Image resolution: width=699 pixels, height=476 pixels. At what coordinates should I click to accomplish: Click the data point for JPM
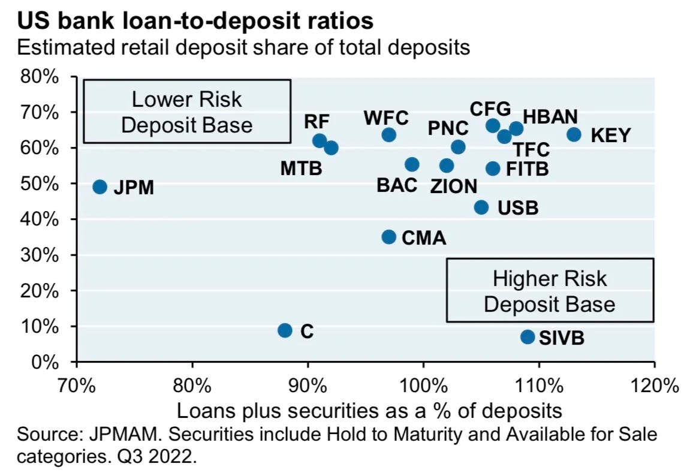[x=100, y=187]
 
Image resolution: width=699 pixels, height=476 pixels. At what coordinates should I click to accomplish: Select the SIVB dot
[x=528, y=337]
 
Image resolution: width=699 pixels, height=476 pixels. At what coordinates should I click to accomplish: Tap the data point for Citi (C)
[x=285, y=330]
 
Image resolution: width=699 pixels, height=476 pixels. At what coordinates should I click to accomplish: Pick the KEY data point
[x=574, y=134]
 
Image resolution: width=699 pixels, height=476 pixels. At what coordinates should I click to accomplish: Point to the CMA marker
[x=388, y=237]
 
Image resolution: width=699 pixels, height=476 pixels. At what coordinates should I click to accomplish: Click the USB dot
[x=481, y=207]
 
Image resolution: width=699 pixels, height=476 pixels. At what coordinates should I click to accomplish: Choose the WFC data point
[x=388, y=134]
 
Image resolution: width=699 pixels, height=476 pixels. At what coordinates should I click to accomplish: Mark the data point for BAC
[x=412, y=164]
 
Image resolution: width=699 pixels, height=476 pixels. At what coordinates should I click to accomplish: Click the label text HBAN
[x=550, y=116]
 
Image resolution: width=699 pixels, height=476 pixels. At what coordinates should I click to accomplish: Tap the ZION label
[x=454, y=186]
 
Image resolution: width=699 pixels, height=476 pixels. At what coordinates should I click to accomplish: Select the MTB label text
[x=301, y=168]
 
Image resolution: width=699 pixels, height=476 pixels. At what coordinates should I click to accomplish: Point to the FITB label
[x=527, y=169]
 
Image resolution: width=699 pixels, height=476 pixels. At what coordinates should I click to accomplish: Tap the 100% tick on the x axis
[x=423, y=384]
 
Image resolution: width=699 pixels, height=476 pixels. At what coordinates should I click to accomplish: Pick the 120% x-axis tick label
[x=654, y=384]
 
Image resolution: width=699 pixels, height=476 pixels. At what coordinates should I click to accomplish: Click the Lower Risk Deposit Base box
[x=187, y=112]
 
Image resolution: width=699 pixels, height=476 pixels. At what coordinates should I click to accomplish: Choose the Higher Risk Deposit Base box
[x=550, y=291]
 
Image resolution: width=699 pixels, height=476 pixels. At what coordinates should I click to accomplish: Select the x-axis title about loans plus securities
[x=369, y=411]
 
